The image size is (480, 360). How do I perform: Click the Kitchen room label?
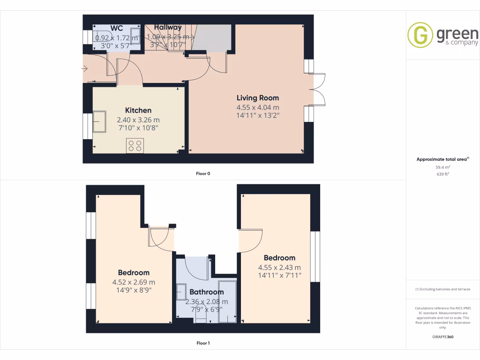[138, 111]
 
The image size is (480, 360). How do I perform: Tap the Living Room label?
[257, 98]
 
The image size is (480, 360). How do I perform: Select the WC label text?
[116, 28]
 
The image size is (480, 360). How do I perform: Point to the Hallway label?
[167, 28]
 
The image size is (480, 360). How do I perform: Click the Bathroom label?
[207, 292]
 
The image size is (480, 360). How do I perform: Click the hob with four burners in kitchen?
[135, 145]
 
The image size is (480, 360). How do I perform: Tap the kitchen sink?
[99, 122]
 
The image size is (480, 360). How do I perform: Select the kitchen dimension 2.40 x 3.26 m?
[138, 120]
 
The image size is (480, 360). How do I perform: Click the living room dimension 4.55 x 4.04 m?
[257, 107]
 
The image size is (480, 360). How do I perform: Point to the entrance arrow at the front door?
[84, 69]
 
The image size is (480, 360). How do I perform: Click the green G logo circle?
[420, 36]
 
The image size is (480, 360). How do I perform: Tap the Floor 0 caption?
[203, 174]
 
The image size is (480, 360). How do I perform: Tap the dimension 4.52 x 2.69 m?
[134, 282]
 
